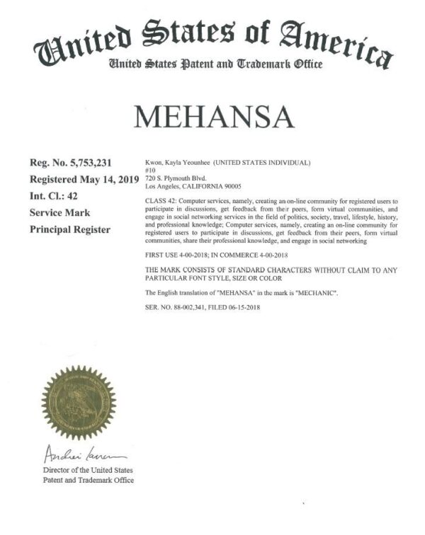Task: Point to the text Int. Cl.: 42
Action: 59,196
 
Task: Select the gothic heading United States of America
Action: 212,39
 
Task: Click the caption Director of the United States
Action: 88,470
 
